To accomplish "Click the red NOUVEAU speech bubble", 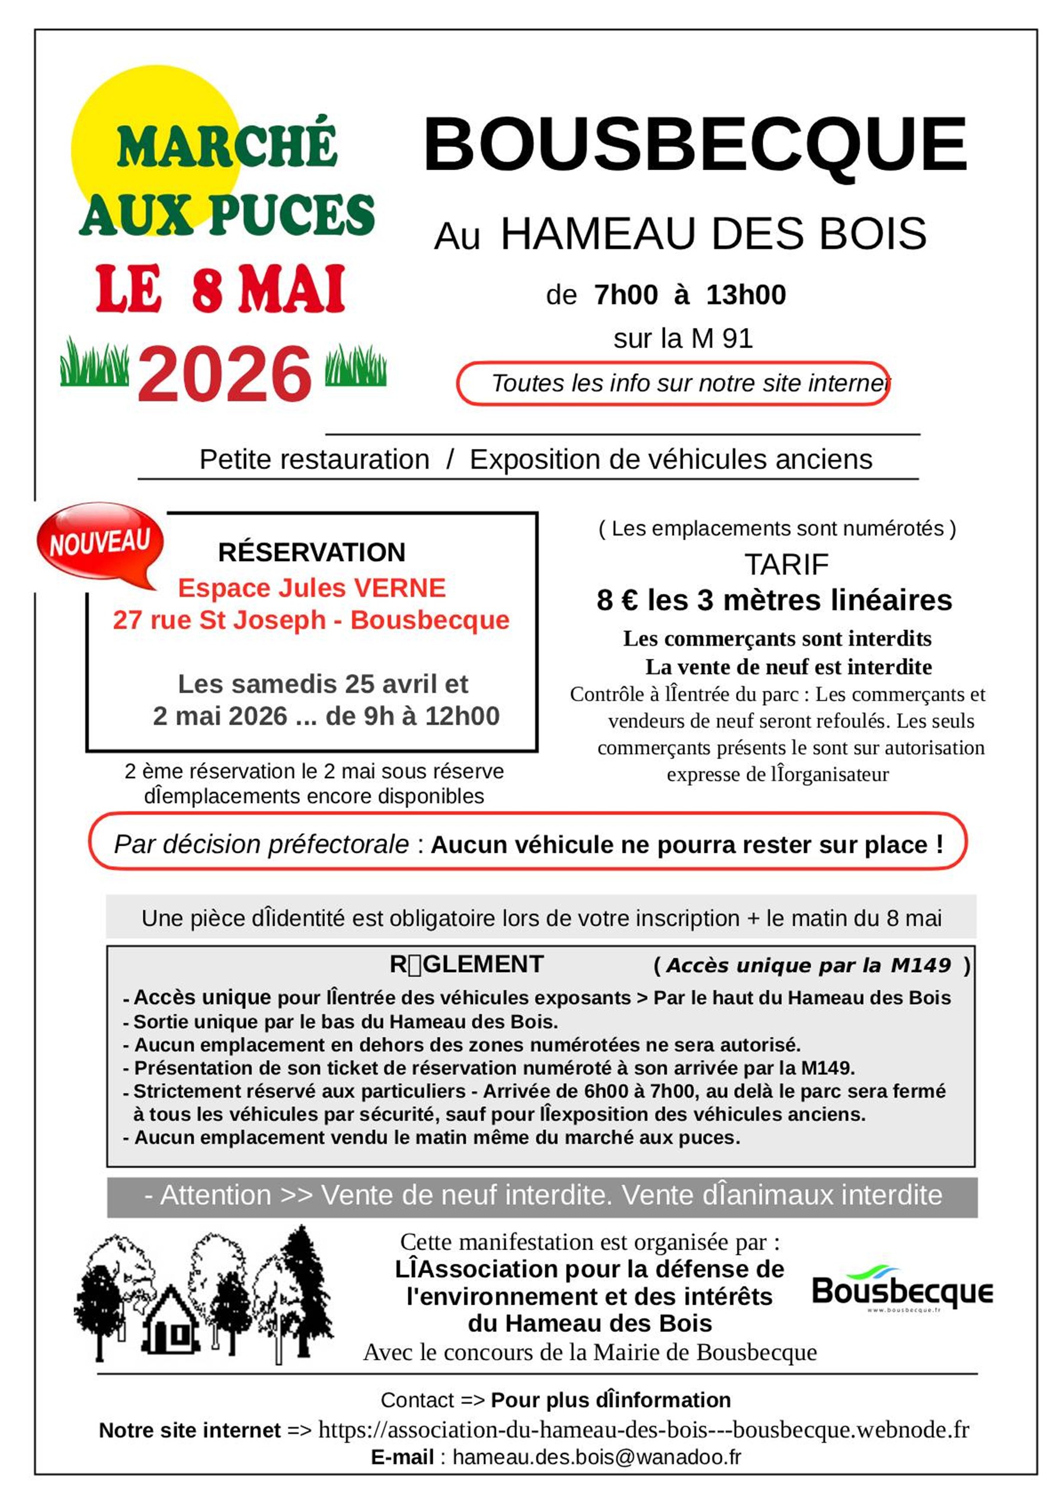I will [x=100, y=541].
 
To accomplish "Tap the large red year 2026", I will [x=225, y=374].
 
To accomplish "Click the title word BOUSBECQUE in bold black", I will [x=695, y=144].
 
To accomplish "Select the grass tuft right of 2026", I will [x=356, y=366].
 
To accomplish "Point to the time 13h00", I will [x=746, y=295].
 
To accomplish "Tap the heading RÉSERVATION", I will [x=312, y=553].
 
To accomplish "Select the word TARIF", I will [x=786, y=565].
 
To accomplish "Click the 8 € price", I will [x=616, y=600].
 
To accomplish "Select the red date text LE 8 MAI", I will [x=220, y=289].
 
